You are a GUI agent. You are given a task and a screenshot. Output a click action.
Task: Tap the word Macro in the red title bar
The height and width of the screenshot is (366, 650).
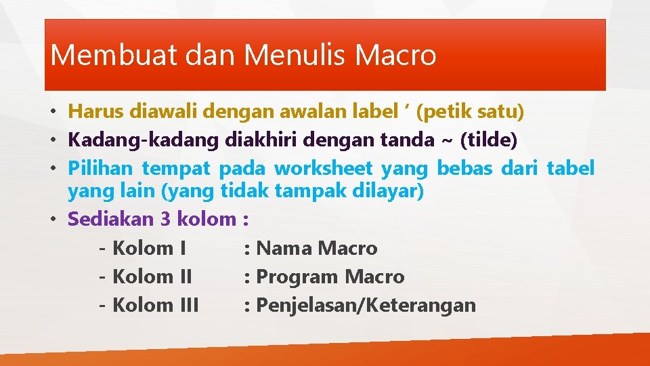click(x=396, y=55)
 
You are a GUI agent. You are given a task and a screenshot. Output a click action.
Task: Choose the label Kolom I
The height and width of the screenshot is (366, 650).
click(x=149, y=248)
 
